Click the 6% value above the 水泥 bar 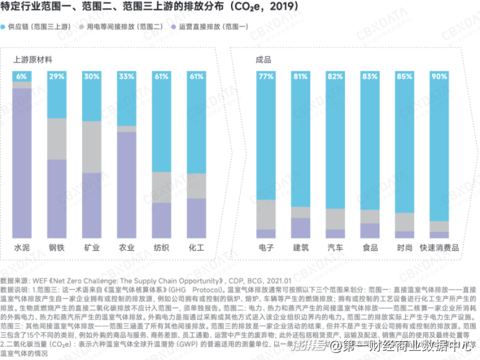click(x=22, y=76)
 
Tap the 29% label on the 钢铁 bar click(x=57, y=76)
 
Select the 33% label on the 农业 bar click(x=127, y=76)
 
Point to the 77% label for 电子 click(x=266, y=76)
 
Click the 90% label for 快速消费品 click(x=439, y=76)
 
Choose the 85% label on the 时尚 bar click(x=404, y=76)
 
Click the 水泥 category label click(x=22, y=247)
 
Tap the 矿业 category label click(x=92, y=247)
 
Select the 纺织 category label click(x=161, y=247)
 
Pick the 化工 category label click(x=196, y=247)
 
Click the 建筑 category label click(x=301, y=247)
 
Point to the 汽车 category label click(x=335, y=247)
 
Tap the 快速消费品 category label click(x=439, y=247)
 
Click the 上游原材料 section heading click(x=33, y=61)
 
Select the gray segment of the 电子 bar click(x=266, y=214)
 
